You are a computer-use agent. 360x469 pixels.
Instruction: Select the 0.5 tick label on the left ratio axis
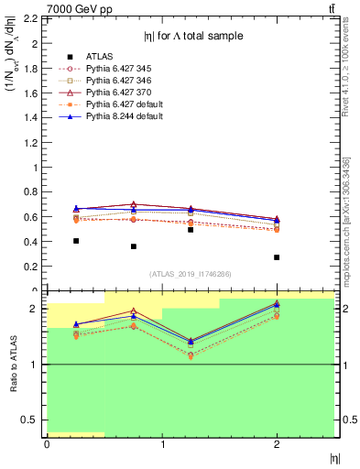[29, 420]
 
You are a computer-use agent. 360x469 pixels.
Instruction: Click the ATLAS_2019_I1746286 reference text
[191, 274]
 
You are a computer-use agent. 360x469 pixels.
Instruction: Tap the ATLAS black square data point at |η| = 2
[277, 257]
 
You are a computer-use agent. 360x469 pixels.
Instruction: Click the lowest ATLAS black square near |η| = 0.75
[134, 246]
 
